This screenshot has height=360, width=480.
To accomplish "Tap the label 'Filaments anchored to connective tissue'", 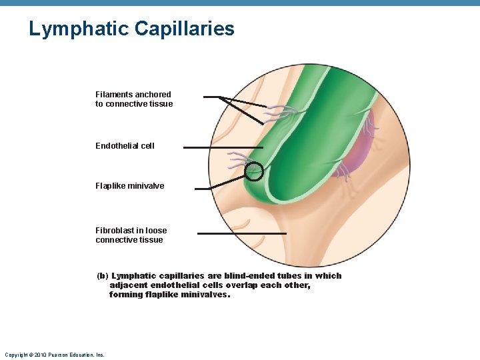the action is point(133,99).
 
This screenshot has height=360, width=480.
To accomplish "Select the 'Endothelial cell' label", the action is point(125,146).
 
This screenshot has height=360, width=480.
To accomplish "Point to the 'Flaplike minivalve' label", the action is point(129,186).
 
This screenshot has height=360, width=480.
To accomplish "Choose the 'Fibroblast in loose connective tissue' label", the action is point(131,235).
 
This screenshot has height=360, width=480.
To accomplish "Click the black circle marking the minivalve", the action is point(254,172).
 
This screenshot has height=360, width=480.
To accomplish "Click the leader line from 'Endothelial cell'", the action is point(223,147).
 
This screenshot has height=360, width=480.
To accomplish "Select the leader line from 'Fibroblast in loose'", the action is point(241,233).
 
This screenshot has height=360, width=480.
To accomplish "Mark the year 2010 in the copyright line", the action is point(39,355).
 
